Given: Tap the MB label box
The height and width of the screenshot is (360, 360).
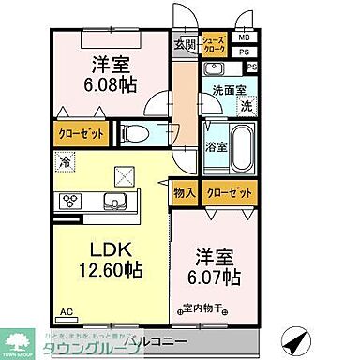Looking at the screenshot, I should (x=244, y=38).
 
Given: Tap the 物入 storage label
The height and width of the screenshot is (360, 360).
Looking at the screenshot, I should (x=185, y=192).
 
